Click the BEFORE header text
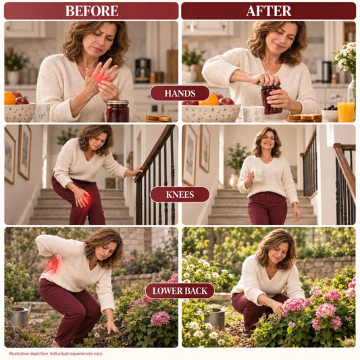pyautogui.click(x=92, y=11)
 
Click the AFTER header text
pyautogui.click(x=269, y=11)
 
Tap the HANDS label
pyautogui.click(x=180, y=93)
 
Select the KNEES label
pyautogui.click(x=180, y=195)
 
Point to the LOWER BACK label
pyautogui.click(x=180, y=291)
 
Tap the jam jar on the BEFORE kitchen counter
pyautogui.click(x=118, y=111)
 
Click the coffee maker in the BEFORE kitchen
pyautogui.click(x=143, y=70)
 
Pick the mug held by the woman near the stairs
pyautogui.click(x=258, y=175)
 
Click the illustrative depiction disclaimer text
pyautogui.click(x=56, y=353)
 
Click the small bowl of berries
pyautogui.click(x=330, y=113)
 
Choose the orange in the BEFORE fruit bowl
pyautogui.click(x=9, y=98)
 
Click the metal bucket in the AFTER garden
pyautogui.click(x=216, y=319)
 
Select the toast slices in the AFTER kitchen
pyautogui.click(x=304, y=118)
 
